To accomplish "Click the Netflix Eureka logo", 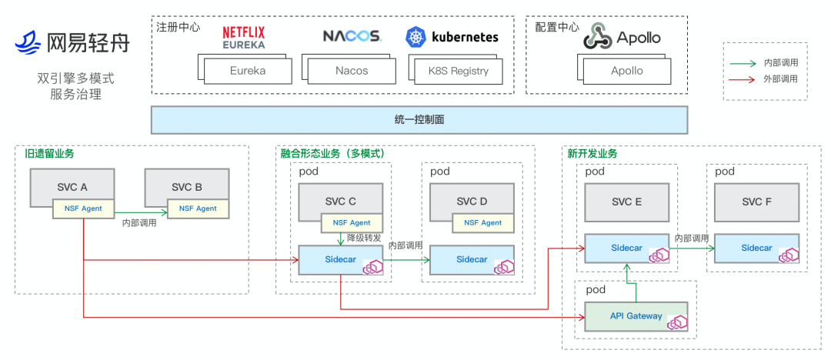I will click(243, 37).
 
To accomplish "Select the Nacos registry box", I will click(352, 71).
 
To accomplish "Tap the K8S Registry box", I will click(459, 71).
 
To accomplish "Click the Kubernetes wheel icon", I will click(416, 37).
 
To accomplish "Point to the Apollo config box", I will click(627, 71).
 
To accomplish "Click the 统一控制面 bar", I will click(419, 119).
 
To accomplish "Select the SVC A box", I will click(72, 186).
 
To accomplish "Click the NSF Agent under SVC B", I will click(198, 208).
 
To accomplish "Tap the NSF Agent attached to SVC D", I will click(482, 223).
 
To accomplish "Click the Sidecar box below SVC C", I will click(341, 259).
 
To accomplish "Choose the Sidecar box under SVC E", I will click(626, 248).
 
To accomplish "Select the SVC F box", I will click(756, 202).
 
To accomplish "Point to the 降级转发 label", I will click(364, 238).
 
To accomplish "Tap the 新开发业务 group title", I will click(592, 154).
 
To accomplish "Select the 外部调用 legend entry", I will click(779, 78).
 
